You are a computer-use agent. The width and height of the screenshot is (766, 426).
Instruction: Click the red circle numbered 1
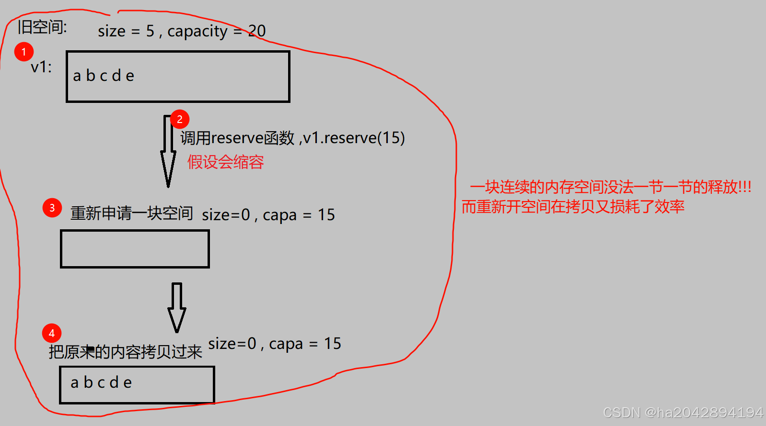pos(24,52)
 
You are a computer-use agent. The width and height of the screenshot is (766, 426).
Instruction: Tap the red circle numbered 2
pos(180,119)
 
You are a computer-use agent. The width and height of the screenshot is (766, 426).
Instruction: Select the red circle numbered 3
pos(52,208)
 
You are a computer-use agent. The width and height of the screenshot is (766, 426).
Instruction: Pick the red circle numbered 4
pos(52,333)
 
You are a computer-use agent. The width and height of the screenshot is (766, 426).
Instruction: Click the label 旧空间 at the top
pos(42,27)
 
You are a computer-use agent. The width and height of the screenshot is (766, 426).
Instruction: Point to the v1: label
pos(41,67)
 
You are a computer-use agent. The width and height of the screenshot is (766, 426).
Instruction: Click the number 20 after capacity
pos(257,31)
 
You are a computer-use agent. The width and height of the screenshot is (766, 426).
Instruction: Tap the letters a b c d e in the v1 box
pos(104,76)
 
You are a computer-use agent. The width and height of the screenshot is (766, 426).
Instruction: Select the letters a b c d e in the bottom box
pos(101,382)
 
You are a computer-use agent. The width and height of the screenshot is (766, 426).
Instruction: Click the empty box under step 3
pos(135,249)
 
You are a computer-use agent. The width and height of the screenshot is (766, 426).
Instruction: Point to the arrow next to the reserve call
pos(168,151)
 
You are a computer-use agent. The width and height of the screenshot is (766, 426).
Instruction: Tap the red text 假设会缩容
pos(225,162)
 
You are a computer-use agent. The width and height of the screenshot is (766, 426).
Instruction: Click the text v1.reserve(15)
pos(354,138)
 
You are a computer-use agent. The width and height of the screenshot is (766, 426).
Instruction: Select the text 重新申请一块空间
pos(132,213)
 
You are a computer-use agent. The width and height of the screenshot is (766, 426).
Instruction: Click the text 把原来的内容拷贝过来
pos(126,352)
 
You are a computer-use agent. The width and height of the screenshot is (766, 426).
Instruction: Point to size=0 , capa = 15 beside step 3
pos(268,215)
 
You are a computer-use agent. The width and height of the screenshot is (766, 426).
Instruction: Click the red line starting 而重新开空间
pos(573,206)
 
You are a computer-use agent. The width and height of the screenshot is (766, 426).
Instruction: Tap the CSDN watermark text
pos(683,413)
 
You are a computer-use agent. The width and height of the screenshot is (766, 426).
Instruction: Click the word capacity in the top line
pos(197,32)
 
